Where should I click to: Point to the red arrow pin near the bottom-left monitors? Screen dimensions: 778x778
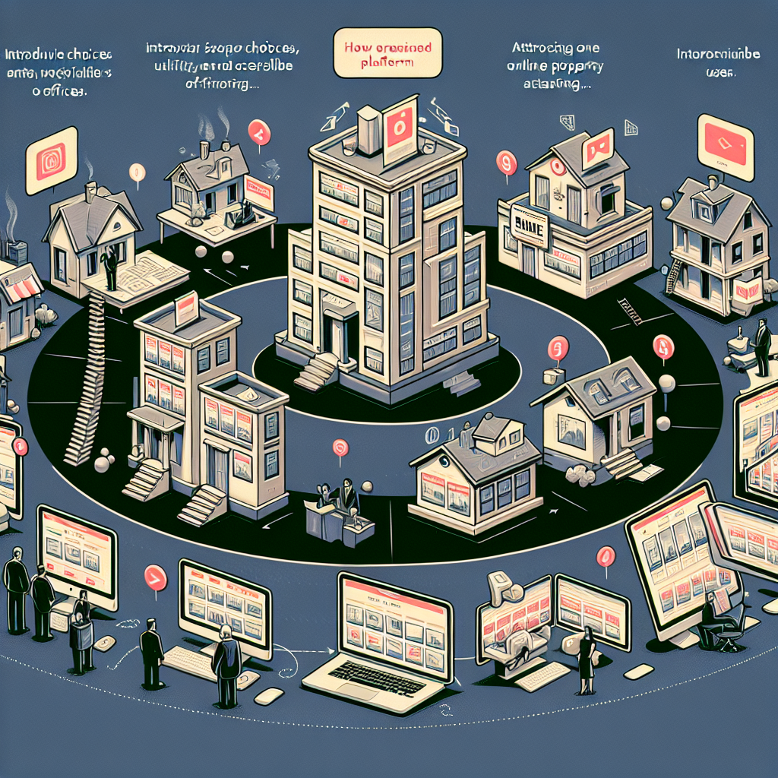click(x=155, y=578)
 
